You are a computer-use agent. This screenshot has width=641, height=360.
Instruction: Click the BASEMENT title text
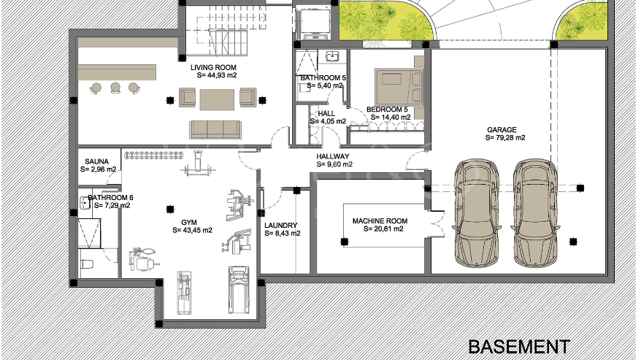tap(519, 347)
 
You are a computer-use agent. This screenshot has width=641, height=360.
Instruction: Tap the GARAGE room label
tap(502, 130)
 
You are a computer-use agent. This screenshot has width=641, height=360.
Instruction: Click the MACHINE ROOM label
tap(380, 221)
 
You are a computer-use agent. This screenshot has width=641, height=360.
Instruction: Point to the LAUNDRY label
tap(280, 226)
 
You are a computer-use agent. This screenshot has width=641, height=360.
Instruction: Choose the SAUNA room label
tap(96, 161)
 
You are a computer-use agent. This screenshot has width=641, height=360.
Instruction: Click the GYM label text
tap(189, 223)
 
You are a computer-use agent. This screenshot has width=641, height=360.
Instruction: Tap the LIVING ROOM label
tap(213, 67)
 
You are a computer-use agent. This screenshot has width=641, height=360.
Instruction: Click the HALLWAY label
tap(333, 156)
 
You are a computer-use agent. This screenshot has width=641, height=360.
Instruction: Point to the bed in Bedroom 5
tap(399, 87)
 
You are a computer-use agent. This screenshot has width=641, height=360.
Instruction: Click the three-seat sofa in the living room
tap(215, 129)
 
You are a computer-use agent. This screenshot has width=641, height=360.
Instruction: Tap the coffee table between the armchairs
tap(217, 100)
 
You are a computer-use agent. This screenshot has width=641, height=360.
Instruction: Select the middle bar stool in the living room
tap(115, 88)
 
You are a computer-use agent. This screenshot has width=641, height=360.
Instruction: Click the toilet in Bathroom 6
tap(86, 264)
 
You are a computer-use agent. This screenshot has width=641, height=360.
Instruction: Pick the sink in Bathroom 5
tap(332, 55)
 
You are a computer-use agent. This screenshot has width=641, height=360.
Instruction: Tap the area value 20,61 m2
tap(383, 229)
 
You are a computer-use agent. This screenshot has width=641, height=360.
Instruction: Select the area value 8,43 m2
tap(283, 234)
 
